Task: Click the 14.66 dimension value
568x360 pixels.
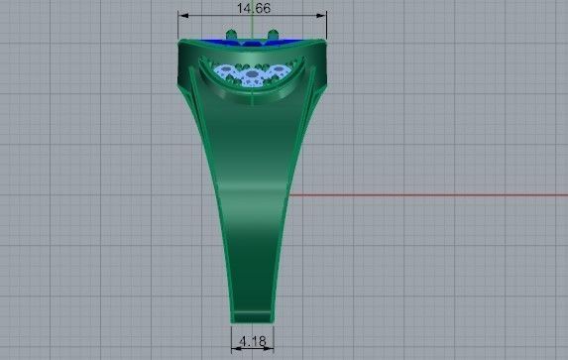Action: click(x=253, y=8)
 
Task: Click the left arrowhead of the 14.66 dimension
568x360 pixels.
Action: click(x=182, y=15)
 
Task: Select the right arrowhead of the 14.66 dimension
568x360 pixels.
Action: click(x=322, y=15)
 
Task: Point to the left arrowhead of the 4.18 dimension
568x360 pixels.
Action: click(x=235, y=348)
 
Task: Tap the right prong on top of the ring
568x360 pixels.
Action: click(x=273, y=36)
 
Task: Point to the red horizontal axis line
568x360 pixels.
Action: click(x=426, y=193)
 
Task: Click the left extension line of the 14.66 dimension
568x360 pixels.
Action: click(x=178, y=27)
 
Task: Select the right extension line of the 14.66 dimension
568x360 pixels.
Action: click(x=327, y=27)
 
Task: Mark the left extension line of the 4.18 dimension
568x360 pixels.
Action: click(x=231, y=337)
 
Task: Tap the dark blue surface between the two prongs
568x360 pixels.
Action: click(x=253, y=43)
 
